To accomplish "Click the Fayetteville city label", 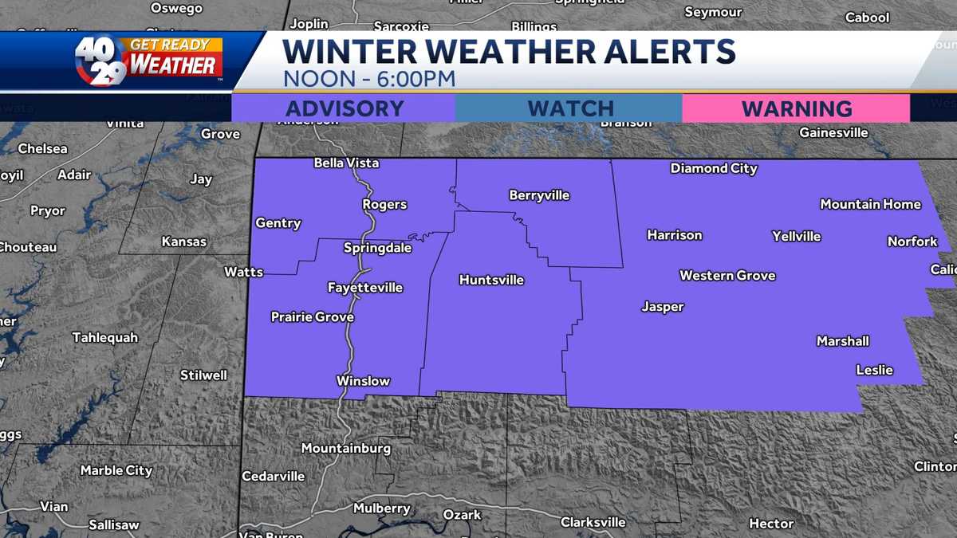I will tap(365, 288).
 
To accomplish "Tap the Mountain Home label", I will tap(870, 204).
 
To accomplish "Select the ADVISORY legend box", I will tap(344, 108).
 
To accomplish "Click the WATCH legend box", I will tap(569, 108).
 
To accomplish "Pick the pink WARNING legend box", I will tap(796, 108).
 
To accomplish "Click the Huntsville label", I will tap(491, 280).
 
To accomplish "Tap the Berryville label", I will tap(539, 195).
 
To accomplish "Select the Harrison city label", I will tap(675, 235).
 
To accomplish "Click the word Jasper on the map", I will tap(663, 307).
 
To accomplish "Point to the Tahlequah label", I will tap(104, 338).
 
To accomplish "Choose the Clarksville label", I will tap(593, 523).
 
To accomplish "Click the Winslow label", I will tap(363, 381).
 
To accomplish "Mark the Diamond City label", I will tap(714, 168).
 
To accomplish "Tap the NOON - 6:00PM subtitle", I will tap(369, 79).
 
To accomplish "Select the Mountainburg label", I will tap(346, 449).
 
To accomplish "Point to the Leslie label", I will tap(874, 370).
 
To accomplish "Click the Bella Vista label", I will tap(346, 163).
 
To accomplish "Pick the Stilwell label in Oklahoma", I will tap(203, 375).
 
